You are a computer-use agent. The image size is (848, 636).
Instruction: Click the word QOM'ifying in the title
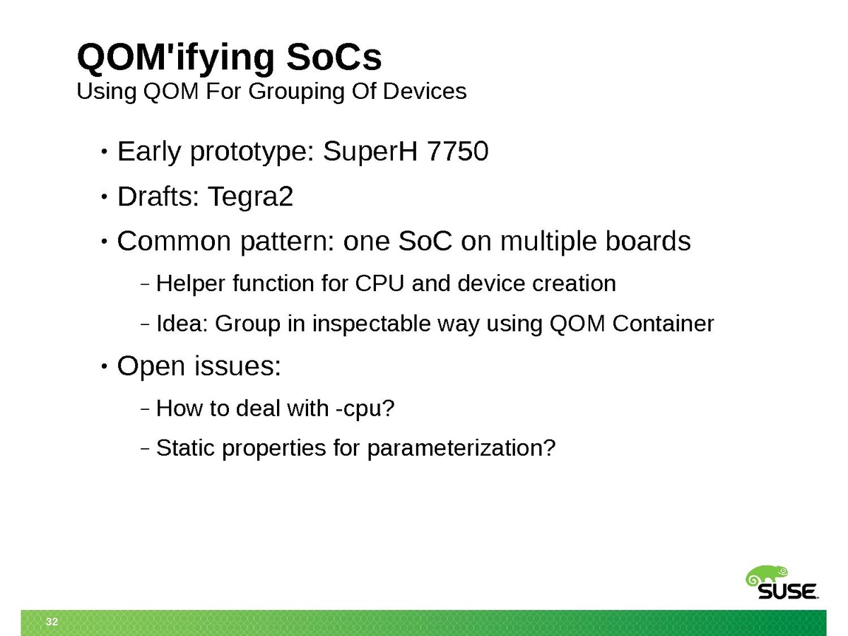coord(176,57)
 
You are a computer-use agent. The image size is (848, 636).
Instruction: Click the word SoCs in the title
coord(334,57)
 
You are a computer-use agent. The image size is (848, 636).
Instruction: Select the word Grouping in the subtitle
coord(296,93)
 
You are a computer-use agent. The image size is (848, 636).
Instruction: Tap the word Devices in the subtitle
coord(425,91)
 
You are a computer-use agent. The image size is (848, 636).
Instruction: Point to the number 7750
coord(458,151)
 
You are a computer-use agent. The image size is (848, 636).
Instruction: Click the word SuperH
coord(370,152)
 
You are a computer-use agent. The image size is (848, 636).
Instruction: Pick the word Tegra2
coord(251,197)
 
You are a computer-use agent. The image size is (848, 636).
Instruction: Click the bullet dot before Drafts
coord(104,197)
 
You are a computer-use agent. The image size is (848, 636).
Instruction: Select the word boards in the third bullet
coord(648,241)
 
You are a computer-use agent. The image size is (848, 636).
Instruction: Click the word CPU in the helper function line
coord(379,283)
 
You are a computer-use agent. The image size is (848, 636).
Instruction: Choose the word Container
coord(663,323)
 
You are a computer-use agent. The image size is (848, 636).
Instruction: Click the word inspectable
coord(371,324)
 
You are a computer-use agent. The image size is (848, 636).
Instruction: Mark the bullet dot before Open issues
coord(104,365)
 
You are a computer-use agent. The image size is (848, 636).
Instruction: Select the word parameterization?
coord(461,449)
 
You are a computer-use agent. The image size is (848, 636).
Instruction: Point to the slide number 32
coord(52,621)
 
